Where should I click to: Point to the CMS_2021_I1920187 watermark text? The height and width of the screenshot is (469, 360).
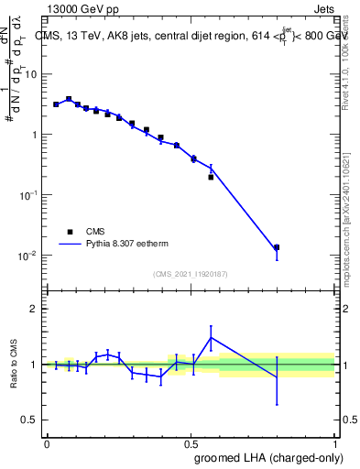pyautogui.click(x=190, y=274)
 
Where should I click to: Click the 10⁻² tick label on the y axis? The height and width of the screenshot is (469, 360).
pyautogui.click(x=30, y=255)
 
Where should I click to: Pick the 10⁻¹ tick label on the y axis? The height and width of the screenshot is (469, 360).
pyautogui.click(x=30, y=194)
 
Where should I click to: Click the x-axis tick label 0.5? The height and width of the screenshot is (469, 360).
pyautogui.click(x=191, y=442)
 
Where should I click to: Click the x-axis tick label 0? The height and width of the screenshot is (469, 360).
pyautogui.click(x=47, y=442)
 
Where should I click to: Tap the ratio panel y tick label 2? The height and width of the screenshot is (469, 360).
pyautogui.click(x=37, y=309)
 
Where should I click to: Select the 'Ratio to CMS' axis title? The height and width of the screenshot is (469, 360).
pyautogui.click(x=14, y=364)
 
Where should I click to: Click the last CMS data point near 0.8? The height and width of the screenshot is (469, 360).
pyautogui.click(x=277, y=247)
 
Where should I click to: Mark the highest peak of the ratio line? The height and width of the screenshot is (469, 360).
pyautogui.click(x=212, y=337)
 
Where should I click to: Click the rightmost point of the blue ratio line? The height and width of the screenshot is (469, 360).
pyautogui.click(x=277, y=377)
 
